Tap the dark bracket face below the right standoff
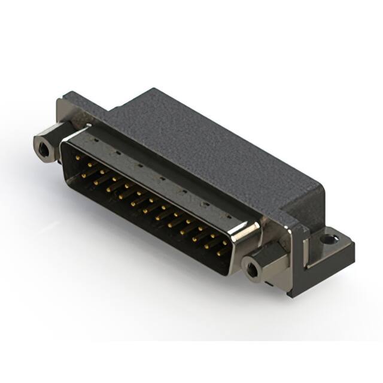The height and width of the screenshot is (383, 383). [x=281, y=281]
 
